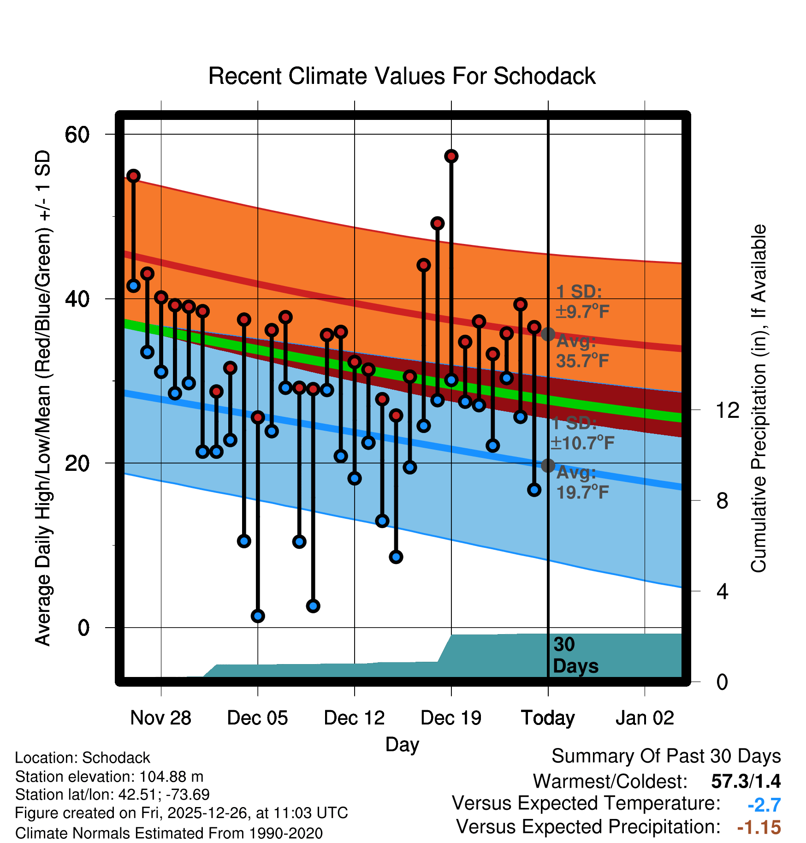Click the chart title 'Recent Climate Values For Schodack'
coord(402,76)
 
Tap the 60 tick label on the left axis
coord(77,135)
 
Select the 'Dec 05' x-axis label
coord(257,718)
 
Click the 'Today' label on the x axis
coord(548,718)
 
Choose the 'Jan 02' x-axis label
coord(645,718)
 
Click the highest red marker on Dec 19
coord(451,156)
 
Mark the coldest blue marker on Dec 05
coord(258,616)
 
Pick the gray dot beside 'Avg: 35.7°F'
coord(548,334)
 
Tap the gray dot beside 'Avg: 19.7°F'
coord(548,466)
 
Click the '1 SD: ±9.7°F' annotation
coord(582,302)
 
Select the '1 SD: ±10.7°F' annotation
coord(582,433)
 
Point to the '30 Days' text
coord(575,655)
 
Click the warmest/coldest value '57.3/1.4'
coord(746,781)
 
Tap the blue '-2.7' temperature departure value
coord(764,805)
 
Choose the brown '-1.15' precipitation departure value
coord(759,827)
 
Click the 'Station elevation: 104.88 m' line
coord(109,777)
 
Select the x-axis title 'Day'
coord(402,744)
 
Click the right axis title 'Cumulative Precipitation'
coord(759,398)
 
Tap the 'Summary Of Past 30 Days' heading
coord(666,756)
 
